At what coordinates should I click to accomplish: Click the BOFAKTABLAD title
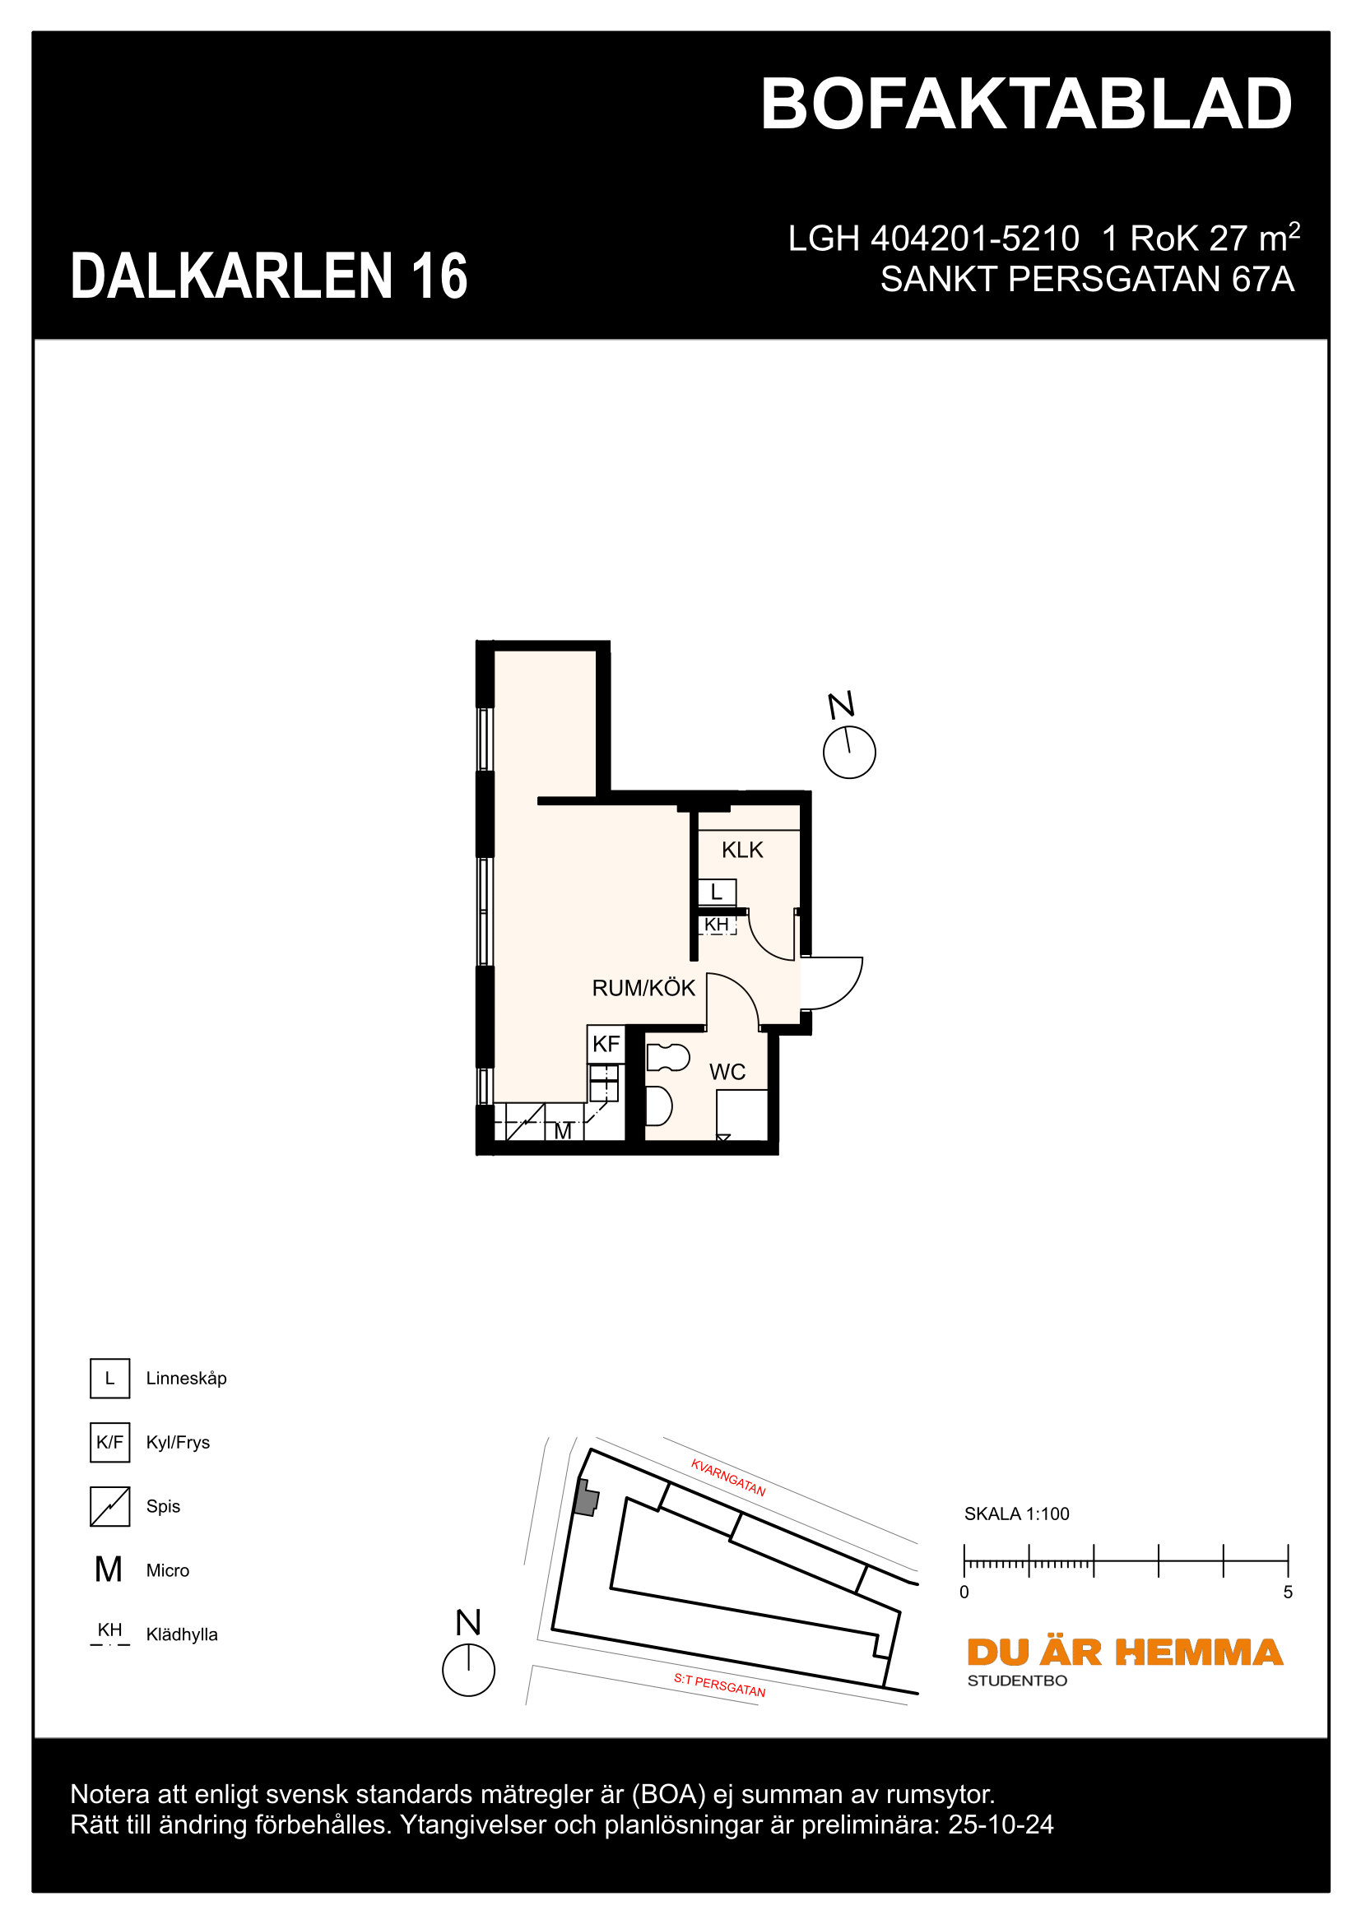pyautogui.click(x=1026, y=104)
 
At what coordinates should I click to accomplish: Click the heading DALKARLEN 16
pyautogui.click(x=269, y=276)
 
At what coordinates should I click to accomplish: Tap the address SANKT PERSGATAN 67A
pyautogui.click(x=1087, y=279)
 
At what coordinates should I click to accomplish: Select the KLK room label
pyautogui.click(x=741, y=850)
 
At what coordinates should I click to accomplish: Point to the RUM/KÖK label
pyautogui.click(x=643, y=988)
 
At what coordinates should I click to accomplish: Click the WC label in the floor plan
pyautogui.click(x=727, y=1072)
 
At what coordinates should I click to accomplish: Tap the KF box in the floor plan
pyautogui.click(x=606, y=1044)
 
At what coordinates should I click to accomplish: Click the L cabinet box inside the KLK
pyautogui.click(x=718, y=892)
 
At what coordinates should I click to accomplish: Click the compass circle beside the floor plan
pyautogui.click(x=849, y=753)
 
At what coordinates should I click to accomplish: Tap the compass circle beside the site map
pyautogui.click(x=468, y=1670)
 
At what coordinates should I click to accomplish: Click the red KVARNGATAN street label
pyautogui.click(x=727, y=1477)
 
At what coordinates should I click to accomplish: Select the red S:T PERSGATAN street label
pyautogui.click(x=719, y=1685)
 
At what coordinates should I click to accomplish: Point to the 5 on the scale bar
pyautogui.click(x=1287, y=1593)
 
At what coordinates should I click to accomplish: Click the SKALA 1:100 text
pyautogui.click(x=1015, y=1514)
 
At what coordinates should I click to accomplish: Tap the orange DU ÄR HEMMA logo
pyautogui.click(x=1124, y=1653)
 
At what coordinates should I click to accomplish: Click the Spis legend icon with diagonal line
pyautogui.click(x=109, y=1507)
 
